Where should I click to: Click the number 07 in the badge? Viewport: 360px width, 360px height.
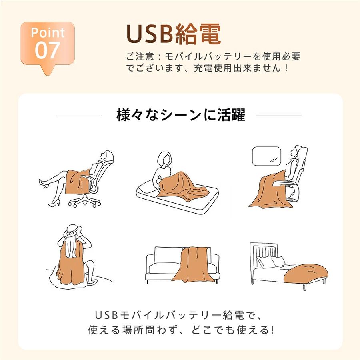point(48,50)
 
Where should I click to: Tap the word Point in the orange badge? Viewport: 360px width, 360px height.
point(48,33)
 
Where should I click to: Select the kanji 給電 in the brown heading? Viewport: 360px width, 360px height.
point(198,34)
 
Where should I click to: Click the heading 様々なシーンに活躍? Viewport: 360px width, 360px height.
point(181,115)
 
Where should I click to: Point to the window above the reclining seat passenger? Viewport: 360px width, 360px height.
point(266,156)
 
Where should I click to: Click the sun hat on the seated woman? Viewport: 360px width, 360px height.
point(72,230)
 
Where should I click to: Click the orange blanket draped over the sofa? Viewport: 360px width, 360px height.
point(192,264)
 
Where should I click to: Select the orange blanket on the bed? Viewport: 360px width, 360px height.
point(305,274)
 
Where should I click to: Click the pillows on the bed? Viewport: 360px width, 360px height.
point(271,262)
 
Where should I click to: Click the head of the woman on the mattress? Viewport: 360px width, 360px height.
point(165,159)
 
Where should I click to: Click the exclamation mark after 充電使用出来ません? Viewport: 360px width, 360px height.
point(286,68)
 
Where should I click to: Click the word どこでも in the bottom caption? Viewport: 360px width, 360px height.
point(211,330)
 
